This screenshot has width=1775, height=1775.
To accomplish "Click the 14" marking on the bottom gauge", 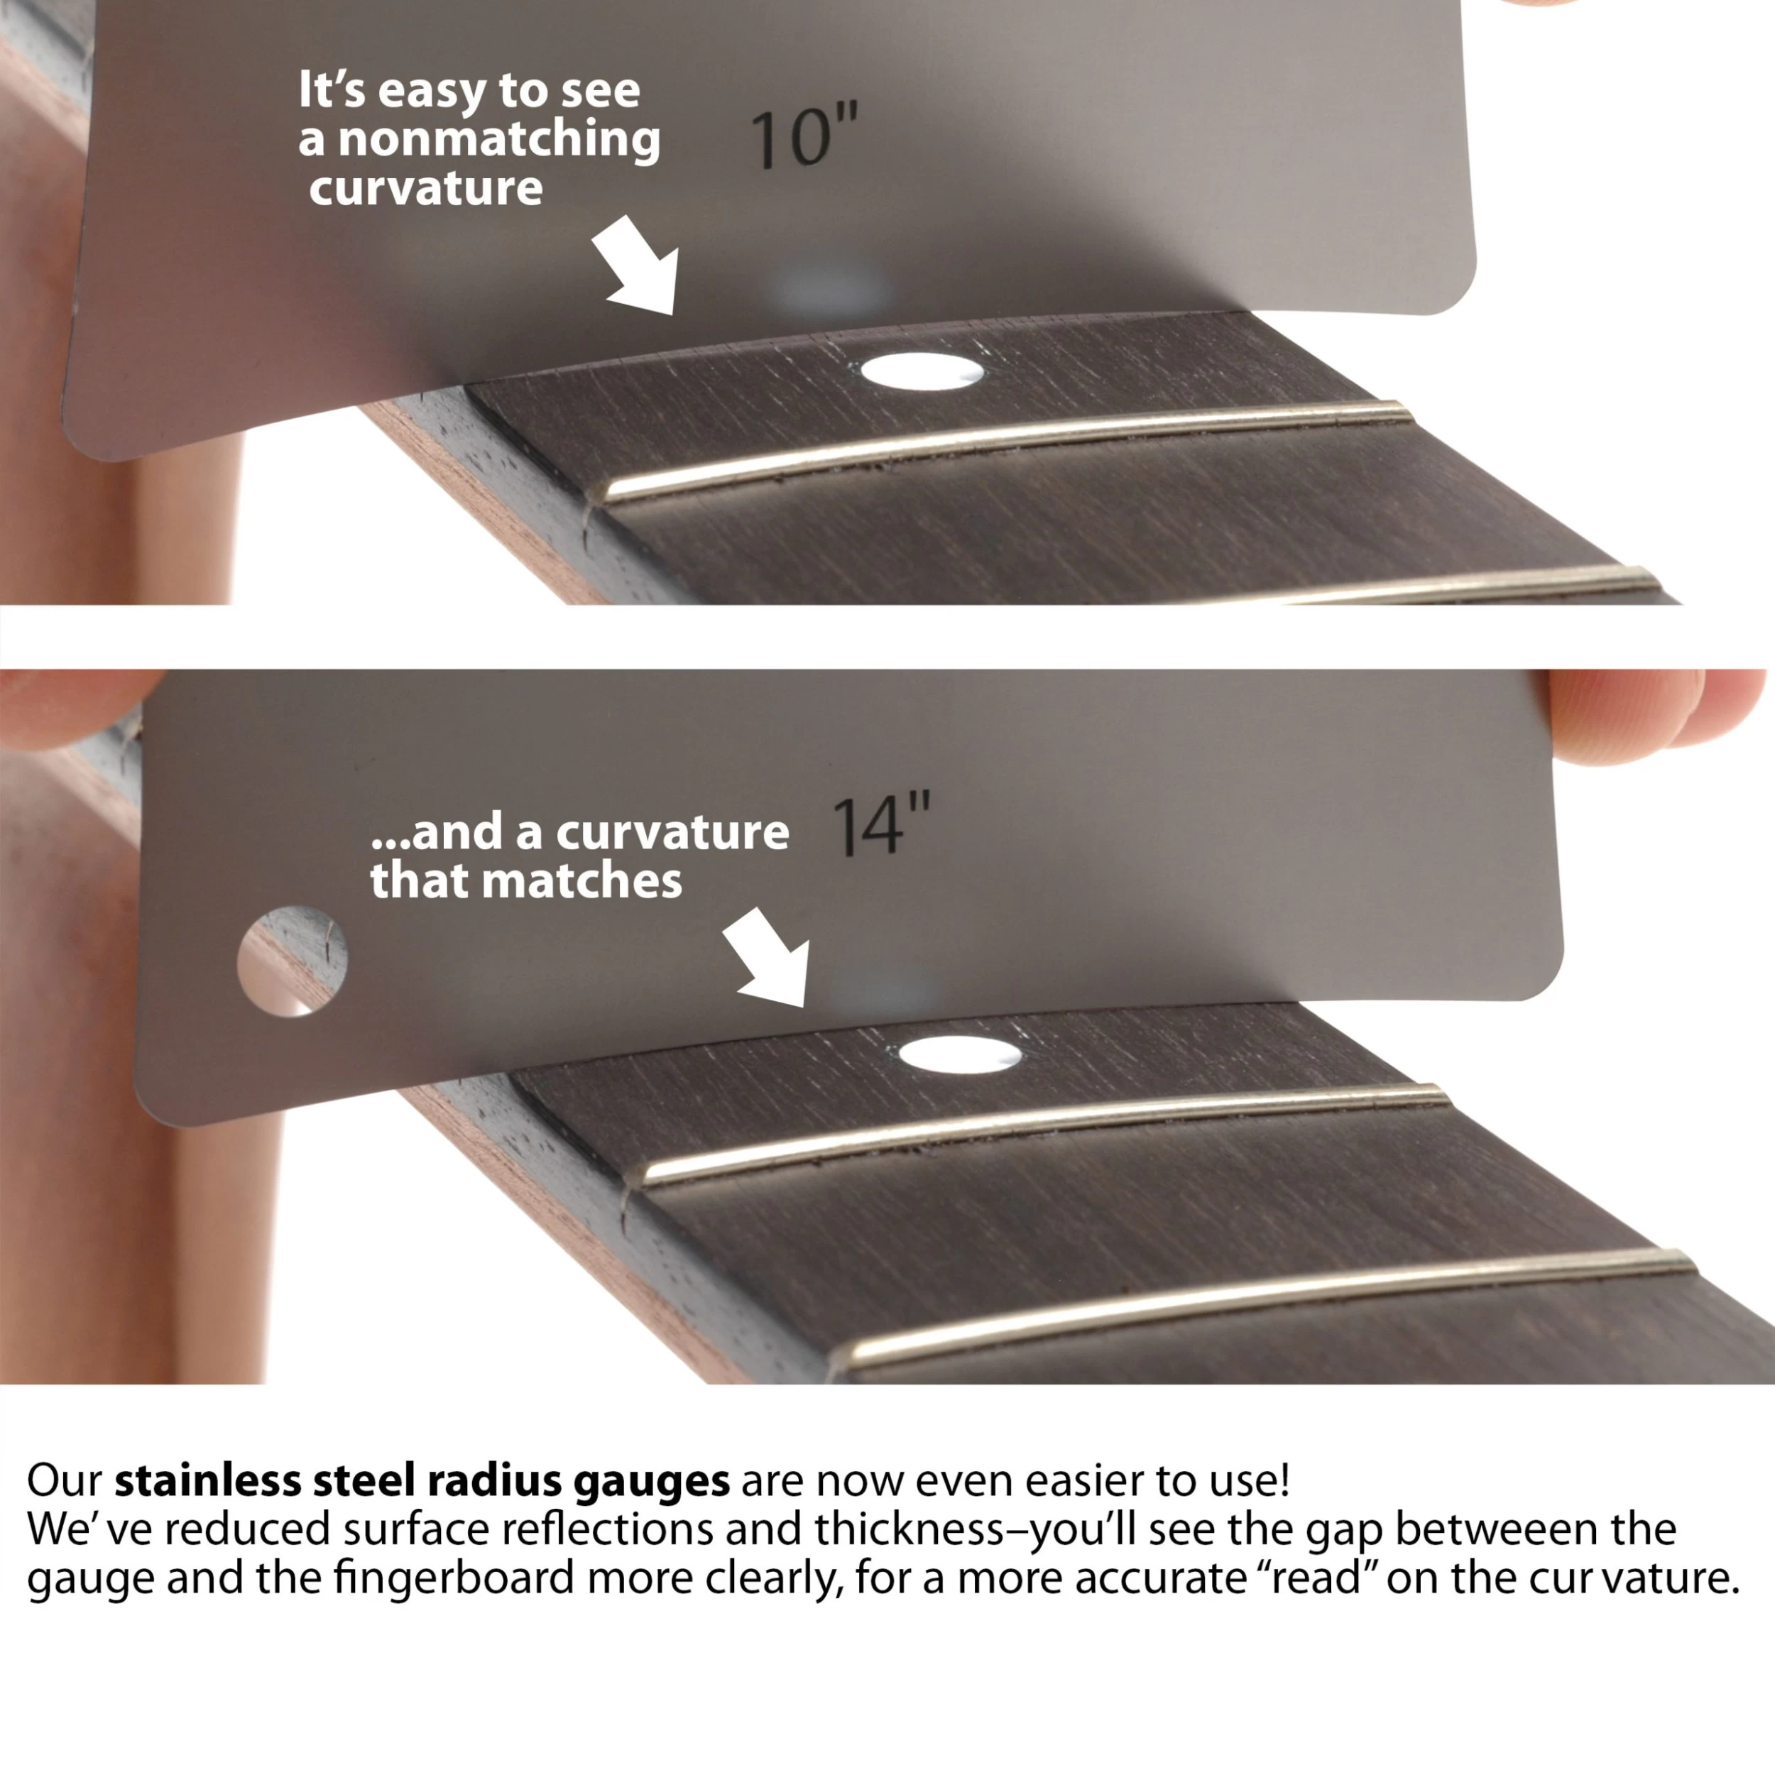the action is click(881, 824).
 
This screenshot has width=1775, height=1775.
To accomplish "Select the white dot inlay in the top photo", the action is click(922, 372).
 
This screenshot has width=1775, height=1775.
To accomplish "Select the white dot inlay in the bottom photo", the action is click(959, 1053).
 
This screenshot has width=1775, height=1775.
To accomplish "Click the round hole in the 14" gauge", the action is click(292, 962).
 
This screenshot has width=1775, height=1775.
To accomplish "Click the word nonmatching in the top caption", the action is click(499, 141).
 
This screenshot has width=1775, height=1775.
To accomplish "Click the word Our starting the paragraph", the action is click(65, 1480).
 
